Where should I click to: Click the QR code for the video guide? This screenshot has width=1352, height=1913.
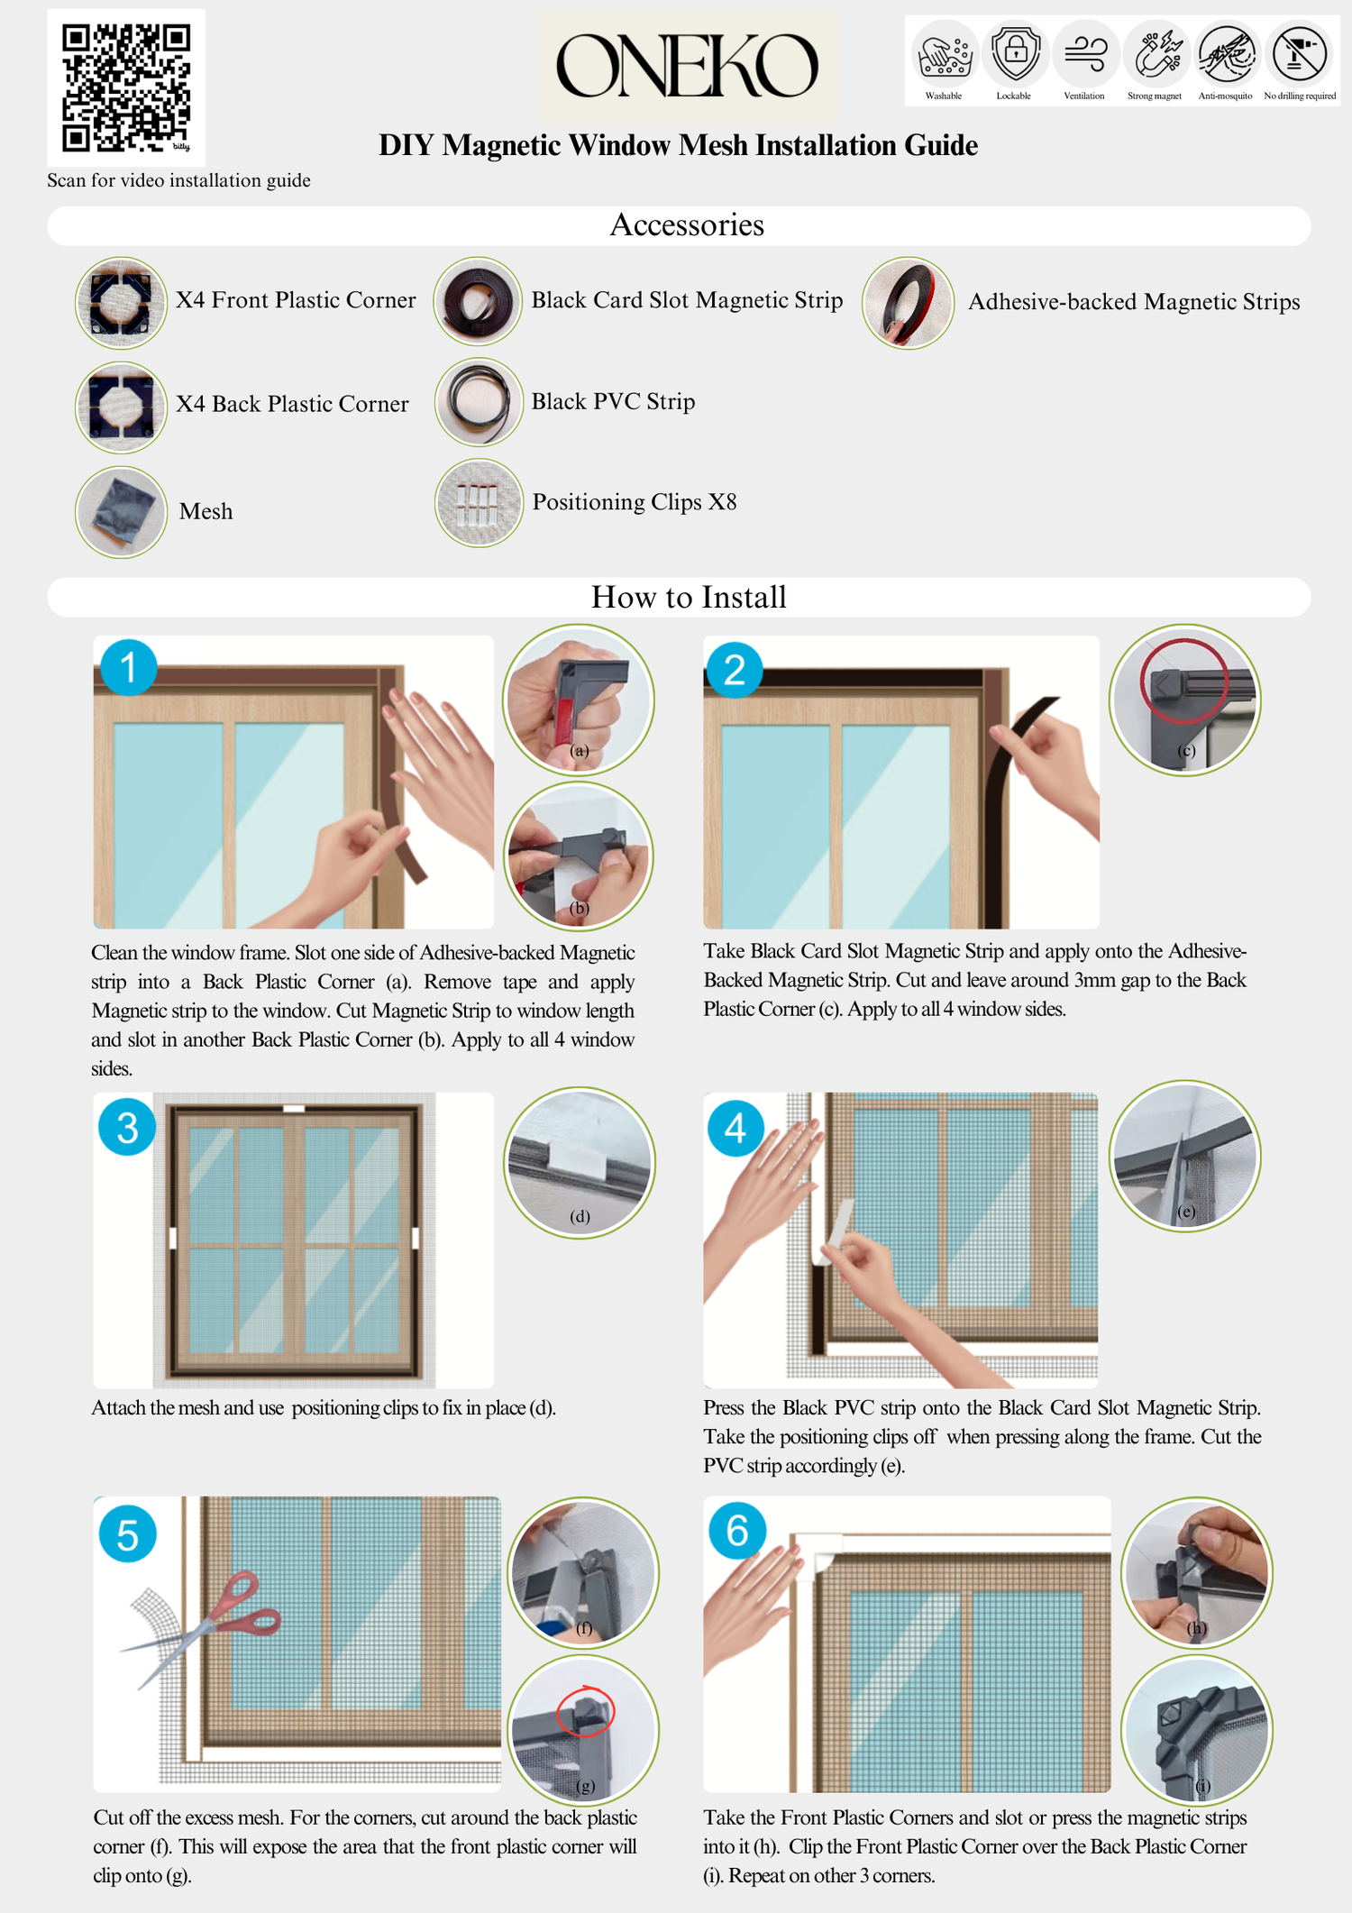pos(126,88)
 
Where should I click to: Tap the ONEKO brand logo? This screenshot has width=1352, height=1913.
pos(689,66)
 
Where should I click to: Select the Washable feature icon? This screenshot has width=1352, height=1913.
pos(944,54)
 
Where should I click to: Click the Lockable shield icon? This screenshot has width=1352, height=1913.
pos(1015,54)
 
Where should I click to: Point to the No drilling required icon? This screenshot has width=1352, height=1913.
pos(1299,54)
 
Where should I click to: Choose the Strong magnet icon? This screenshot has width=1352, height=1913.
pos(1156,54)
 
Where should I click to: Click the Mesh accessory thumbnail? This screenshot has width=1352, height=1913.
pos(121,512)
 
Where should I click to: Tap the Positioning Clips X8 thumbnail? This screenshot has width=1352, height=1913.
pos(479,503)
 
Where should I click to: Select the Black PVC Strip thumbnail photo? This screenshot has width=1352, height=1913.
pos(479,402)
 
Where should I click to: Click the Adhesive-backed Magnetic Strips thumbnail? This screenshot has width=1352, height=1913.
pos(908,303)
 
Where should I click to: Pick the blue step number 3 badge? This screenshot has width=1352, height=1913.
pos(127,1128)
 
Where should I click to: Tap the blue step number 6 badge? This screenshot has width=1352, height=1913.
pos(737,1530)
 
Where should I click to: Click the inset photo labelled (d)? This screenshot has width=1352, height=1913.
pos(580,1163)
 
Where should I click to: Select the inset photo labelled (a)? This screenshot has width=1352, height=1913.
pos(579,700)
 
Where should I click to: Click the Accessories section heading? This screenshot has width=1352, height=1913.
pos(688,224)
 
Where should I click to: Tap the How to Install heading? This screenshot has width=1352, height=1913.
pos(689,597)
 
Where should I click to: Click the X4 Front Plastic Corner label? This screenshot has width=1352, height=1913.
pos(296,300)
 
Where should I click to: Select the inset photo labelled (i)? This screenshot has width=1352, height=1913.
pos(1197,1731)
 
